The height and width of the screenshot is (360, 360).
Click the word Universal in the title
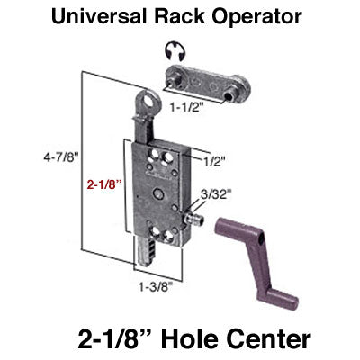point(104,15)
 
